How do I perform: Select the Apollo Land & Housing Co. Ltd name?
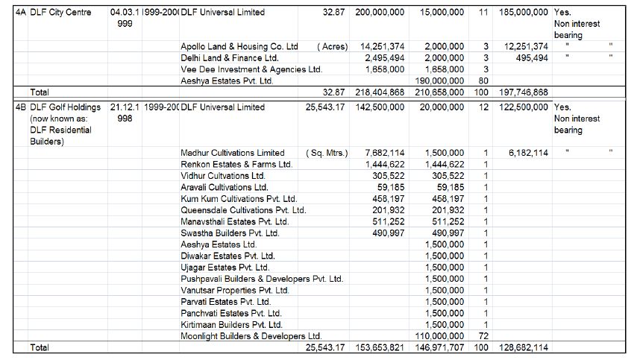click(239, 46)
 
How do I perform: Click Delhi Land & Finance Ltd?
click(229, 57)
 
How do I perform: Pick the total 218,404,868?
click(378, 92)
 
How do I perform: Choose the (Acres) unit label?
click(332, 46)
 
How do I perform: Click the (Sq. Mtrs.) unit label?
click(327, 153)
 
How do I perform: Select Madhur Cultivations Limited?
click(232, 153)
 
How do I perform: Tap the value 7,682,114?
click(385, 153)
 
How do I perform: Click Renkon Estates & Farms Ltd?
click(236, 164)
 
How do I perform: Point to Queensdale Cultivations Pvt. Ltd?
click(243, 210)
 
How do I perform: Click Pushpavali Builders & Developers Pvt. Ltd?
click(262, 279)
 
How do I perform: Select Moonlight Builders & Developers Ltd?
click(251, 336)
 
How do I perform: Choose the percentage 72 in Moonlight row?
click(483, 336)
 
